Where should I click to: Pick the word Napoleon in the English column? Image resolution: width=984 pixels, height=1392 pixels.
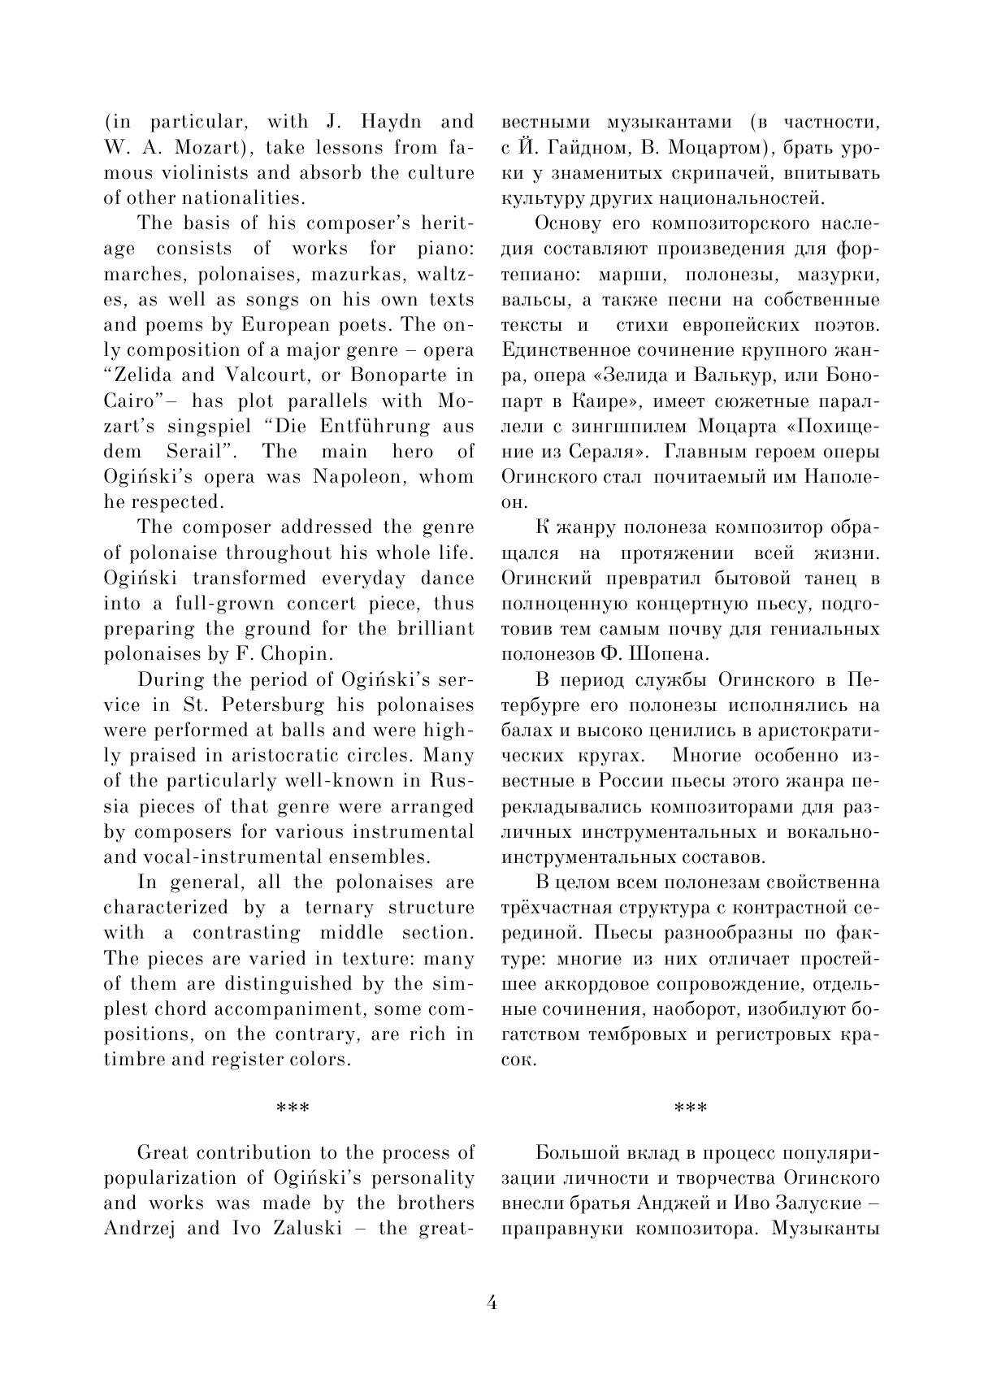[x=358, y=477]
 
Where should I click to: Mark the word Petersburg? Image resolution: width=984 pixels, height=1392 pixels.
[x=262, y=705]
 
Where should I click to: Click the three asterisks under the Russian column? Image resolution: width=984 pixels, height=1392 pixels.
[x=691, y=1108]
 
